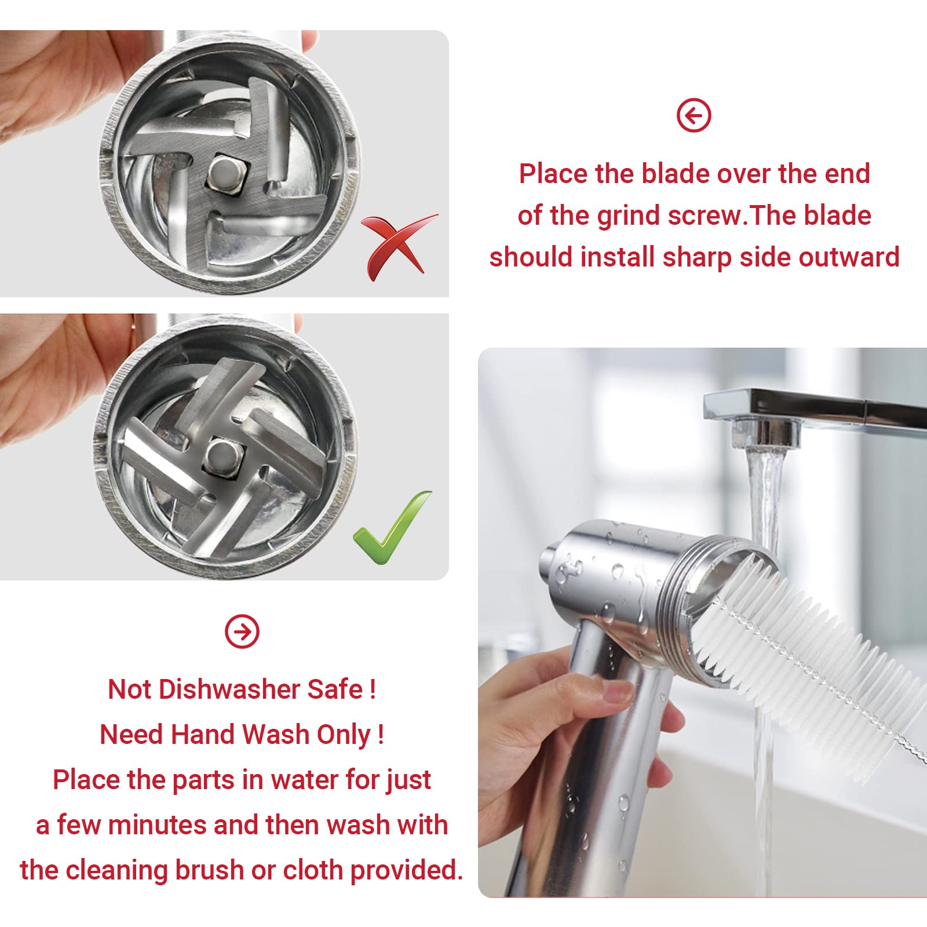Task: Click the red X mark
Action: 397,246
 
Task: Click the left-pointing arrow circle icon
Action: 694,116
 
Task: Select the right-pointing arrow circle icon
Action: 242,631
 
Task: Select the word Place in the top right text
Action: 553,174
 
